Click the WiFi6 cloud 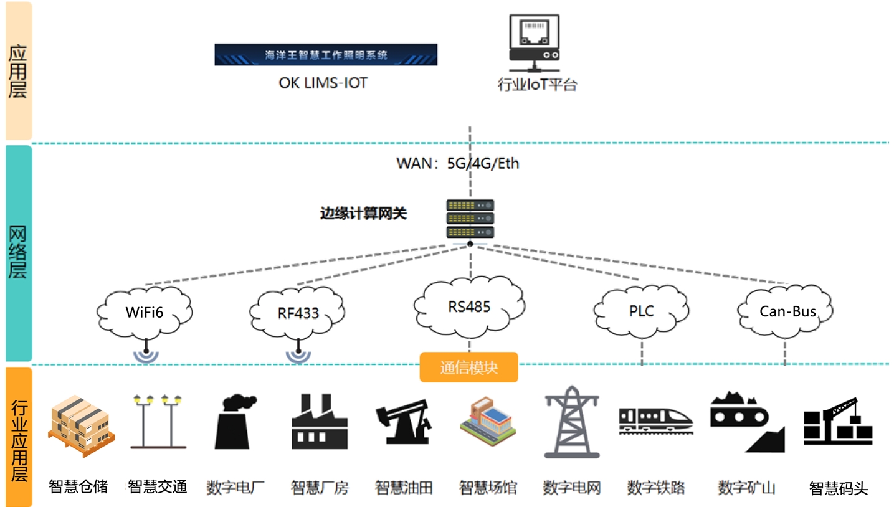click(x=146, y=311)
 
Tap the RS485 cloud click(x=469, y=306)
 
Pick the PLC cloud click(x=641, y=310)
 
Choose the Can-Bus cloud click(x=786, y=311)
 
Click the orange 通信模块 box click(x=468, y=367)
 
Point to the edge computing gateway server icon click(x=470, y=218)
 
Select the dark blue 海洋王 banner click(x=326, y=55)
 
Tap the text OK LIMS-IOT click(x=323, y=82)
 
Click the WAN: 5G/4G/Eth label click(x=458, y=164)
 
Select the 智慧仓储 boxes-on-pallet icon click(x=79, y=422)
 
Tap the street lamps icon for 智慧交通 click(x=158, y=421)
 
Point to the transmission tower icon click(x=571, y=422)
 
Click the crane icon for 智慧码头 click(x=838, y=421)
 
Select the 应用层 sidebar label click(x=18, y=71)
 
